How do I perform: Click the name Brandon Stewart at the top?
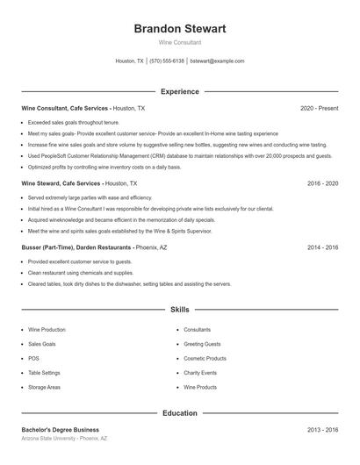[x=179, y=29]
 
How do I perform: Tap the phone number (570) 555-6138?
[x=167, y=61]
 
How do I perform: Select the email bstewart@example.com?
[x=217, y=61]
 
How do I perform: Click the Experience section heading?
[x=179, y=91]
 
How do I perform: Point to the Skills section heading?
[x=179, y=310]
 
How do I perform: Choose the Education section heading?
[x=179, y=412]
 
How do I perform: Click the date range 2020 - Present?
[x=319, y=108]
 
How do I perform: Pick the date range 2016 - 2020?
[x=322, y=184]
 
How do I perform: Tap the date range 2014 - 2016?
[x=322, y=248]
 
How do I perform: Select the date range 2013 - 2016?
[x=322, y=430]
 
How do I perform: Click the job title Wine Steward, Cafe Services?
[x=61, y=184]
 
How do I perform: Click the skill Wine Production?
[x=47, y=330]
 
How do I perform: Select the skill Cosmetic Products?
[x=205, y=358]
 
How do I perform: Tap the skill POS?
[x=33, y=358]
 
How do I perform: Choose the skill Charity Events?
[x=200, y=373]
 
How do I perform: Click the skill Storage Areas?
[x=44, y=387]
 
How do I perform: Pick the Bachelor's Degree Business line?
[x=60, y=430]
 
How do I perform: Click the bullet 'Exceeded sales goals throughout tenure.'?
[x=73, y=122]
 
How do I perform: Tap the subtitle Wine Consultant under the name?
[x=179, y=42]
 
